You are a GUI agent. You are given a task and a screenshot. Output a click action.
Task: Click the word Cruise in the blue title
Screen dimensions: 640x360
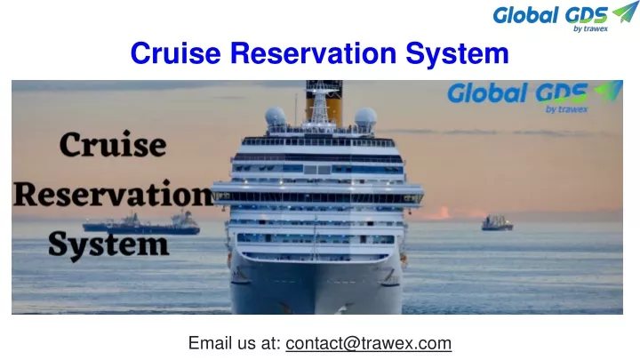click(175, 53)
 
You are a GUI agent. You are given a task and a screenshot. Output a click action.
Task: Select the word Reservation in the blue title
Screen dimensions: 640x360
click(313, 53)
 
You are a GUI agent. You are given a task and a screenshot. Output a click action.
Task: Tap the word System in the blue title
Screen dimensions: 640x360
click(457, 54)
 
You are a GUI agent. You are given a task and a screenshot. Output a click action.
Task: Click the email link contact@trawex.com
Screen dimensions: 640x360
click(369, 343)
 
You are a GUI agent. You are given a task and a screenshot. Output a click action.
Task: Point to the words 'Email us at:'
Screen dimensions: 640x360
click(235, 343)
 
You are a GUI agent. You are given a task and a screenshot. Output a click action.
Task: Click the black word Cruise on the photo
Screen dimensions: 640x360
click(113, 145)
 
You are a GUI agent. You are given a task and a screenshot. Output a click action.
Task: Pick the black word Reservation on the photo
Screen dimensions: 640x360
click(114, 194)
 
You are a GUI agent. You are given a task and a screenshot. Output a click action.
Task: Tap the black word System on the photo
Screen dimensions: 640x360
click(108, 245)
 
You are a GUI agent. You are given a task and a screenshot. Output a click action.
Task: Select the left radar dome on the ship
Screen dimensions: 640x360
click(276, 116)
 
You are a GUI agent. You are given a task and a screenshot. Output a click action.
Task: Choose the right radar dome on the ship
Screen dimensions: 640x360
click(365, 117)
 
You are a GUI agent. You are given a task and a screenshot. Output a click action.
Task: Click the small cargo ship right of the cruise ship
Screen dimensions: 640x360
click(497, 223)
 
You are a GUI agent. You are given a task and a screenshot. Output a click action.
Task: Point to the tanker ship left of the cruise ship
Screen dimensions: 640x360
click(141, 225)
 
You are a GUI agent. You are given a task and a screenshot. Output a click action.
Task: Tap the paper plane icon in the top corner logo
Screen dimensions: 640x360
click(625, 12)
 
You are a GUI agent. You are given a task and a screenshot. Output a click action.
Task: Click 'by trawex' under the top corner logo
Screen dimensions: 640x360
click(590, 28)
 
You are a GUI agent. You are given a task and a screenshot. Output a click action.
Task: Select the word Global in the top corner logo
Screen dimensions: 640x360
click(525, 15)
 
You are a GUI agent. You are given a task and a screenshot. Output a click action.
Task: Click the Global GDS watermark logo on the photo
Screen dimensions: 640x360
click(535, 96)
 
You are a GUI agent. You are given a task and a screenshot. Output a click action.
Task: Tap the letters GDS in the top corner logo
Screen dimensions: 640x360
click(587, 15)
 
